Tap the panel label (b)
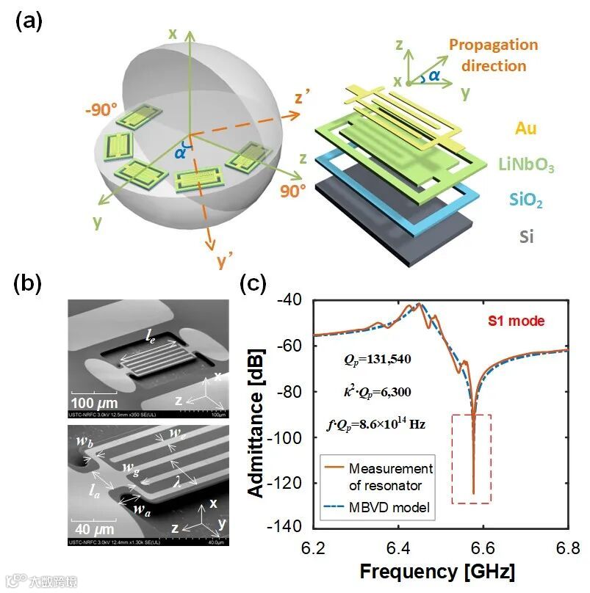click(29, 283)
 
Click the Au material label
click(525, 129)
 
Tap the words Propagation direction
click(493, 55)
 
